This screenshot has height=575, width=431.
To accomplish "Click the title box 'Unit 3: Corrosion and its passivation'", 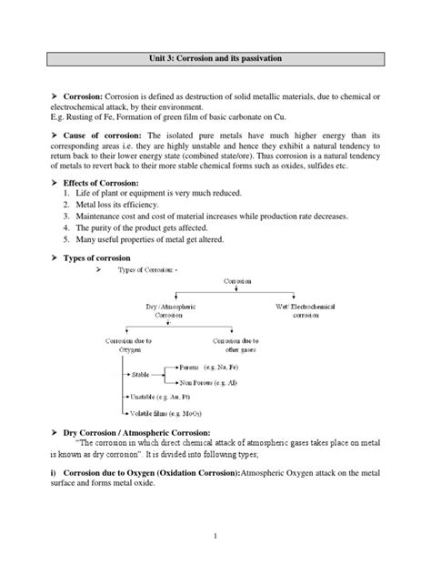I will pyautogui.click(x=215, y=57).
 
